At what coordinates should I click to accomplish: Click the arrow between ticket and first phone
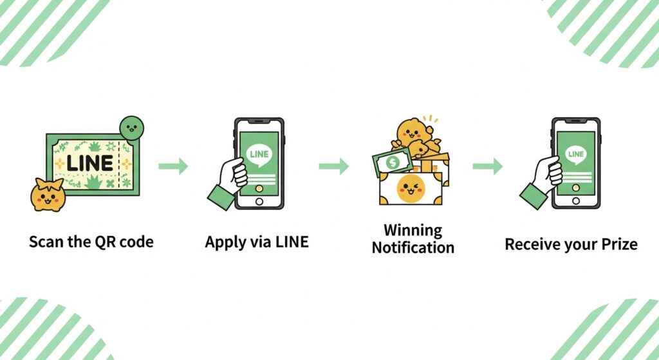(x=174, y=167)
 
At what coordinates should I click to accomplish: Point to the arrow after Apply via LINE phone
(x=334, y=167)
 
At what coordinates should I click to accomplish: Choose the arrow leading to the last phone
(x=488, y=167)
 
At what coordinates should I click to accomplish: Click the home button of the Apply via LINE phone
(x=259, y=202)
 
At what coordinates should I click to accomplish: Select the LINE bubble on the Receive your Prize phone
(x=575, y=155)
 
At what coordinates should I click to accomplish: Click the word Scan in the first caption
(x=44, y=243)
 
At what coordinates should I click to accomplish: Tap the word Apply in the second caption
(x=222, y=243)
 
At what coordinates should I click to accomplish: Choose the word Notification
(x=413, y=247)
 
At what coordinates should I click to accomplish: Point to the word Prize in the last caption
(x=618, y=245)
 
